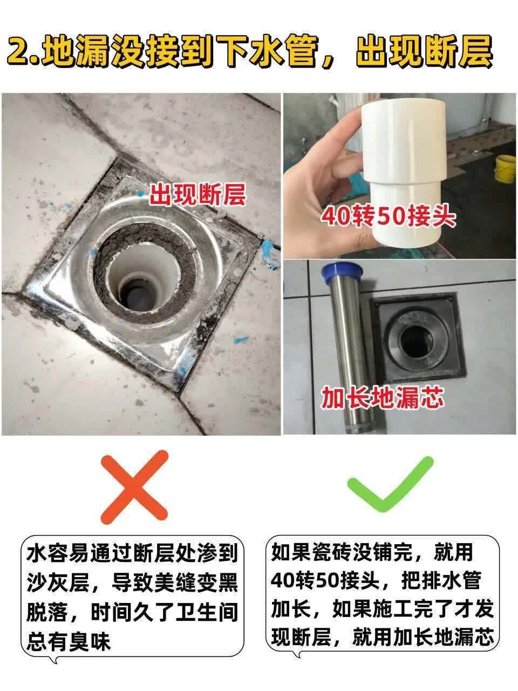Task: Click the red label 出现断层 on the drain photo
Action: point(197,195)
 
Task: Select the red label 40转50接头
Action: point(388,217)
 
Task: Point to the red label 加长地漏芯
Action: point(382,398)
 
